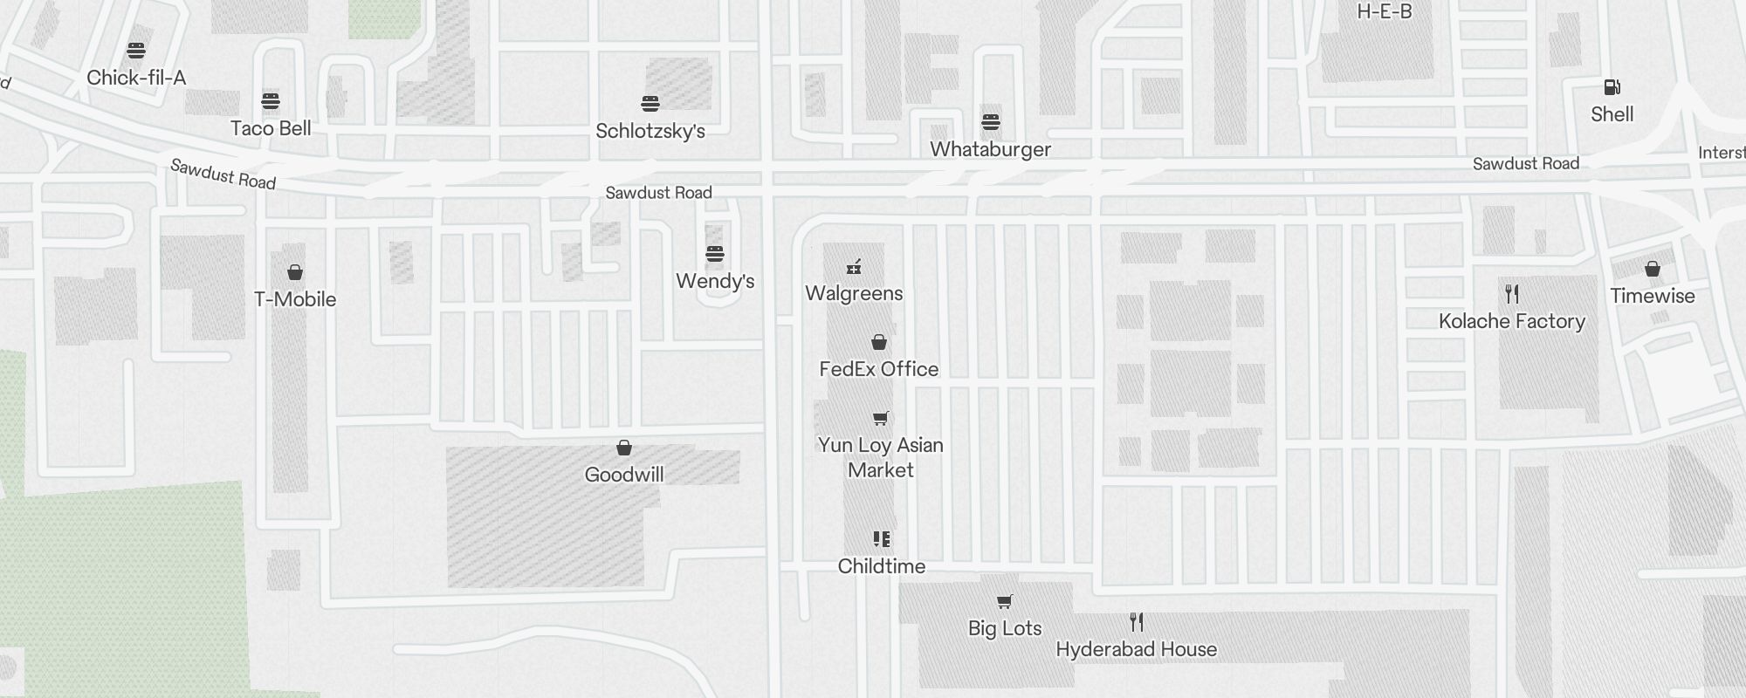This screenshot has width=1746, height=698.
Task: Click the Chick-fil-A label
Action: [136, 78]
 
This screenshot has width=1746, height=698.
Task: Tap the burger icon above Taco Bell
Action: [271, 101]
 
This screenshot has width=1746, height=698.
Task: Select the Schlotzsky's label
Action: [650, 131]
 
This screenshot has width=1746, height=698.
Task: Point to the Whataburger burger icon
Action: [990, 122]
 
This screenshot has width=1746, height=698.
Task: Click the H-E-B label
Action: [1385, 12]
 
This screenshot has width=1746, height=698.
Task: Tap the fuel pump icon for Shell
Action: [1612, 87]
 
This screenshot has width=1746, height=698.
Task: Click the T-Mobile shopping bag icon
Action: [295, 273]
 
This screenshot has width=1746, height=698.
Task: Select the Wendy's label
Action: [715, 281]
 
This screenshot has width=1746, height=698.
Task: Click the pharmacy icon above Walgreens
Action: [854, 267]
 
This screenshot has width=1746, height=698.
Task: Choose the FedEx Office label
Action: [878, 369]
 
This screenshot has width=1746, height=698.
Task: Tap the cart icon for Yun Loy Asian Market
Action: [880, 419]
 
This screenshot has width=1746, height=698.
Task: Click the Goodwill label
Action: [623, 475]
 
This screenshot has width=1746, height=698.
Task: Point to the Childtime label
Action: [881, 566]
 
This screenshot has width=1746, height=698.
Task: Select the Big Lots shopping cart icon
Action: [1004, 601]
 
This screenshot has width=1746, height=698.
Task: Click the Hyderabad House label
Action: [1136, 649]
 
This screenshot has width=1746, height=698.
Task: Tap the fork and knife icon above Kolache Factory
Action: [1512, 294]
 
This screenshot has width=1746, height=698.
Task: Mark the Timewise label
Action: [1652, 296]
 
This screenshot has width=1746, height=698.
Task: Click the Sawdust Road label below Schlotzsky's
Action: [658, 193]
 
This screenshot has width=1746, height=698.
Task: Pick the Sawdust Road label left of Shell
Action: [1525, 164]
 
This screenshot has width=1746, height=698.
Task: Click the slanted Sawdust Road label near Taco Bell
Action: [223, 174]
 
